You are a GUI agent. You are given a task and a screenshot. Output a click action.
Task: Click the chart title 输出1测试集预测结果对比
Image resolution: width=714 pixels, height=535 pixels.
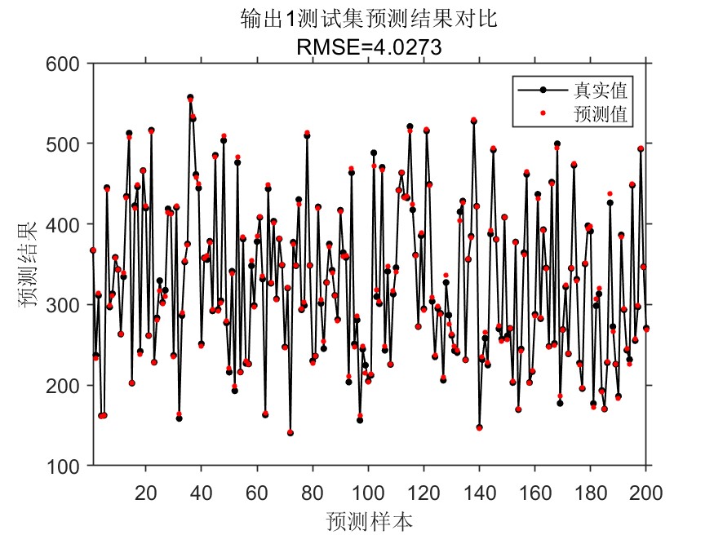pyautogui.click(x=370, y=20)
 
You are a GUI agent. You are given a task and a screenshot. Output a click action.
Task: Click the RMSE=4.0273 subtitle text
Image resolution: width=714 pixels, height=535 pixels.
pyautogui.click(x=370, y=46)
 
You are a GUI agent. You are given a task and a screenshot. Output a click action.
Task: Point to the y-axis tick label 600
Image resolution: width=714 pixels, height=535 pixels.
pyautogui.click(x=67, y=64)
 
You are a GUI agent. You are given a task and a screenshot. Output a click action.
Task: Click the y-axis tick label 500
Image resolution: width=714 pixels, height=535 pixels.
pyautogui.click(x=67, y=144)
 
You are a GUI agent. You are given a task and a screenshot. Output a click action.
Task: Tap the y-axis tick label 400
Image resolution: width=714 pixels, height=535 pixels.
pyautogui.click(x=67, y=224)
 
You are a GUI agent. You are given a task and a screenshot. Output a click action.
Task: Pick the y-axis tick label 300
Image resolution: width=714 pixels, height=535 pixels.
pyautogui.click(x=67, y=305)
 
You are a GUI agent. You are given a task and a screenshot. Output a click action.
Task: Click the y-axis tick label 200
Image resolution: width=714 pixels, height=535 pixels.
pyautogui.click(x=67, y=385)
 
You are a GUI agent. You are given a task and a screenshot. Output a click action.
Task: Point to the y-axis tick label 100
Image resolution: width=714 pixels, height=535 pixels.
pyautogui.click(x=67, y=466)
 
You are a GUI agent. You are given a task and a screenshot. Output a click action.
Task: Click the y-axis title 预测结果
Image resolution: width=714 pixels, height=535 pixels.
pyautogui.click(x=28, y=264)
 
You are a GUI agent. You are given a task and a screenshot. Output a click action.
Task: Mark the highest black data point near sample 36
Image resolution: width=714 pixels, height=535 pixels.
pyautogui.click(x=190, y=97)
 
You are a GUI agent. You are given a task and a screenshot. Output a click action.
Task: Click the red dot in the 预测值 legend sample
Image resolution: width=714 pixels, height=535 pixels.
pyautogui.click(x=544, y=113)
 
